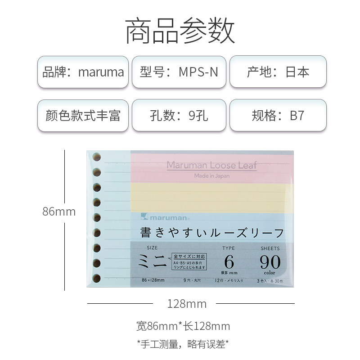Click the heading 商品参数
point(180,30)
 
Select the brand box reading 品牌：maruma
point(83,72)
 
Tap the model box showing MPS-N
point(179,72)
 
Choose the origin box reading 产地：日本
point(278,72)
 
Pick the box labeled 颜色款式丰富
point(83,116)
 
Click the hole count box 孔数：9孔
point(179,116)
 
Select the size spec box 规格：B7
point(278,116)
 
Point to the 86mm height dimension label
point(59,211)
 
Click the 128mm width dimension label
point(187,304)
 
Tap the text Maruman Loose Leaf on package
point(211,165)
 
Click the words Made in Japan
point(211,176)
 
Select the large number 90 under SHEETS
point(270,262)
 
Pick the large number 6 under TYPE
point(229,262)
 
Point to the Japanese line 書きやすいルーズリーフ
point(212,233)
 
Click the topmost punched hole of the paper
point(96,157)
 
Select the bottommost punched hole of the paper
point(96,278)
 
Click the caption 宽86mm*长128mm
point(183,326)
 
